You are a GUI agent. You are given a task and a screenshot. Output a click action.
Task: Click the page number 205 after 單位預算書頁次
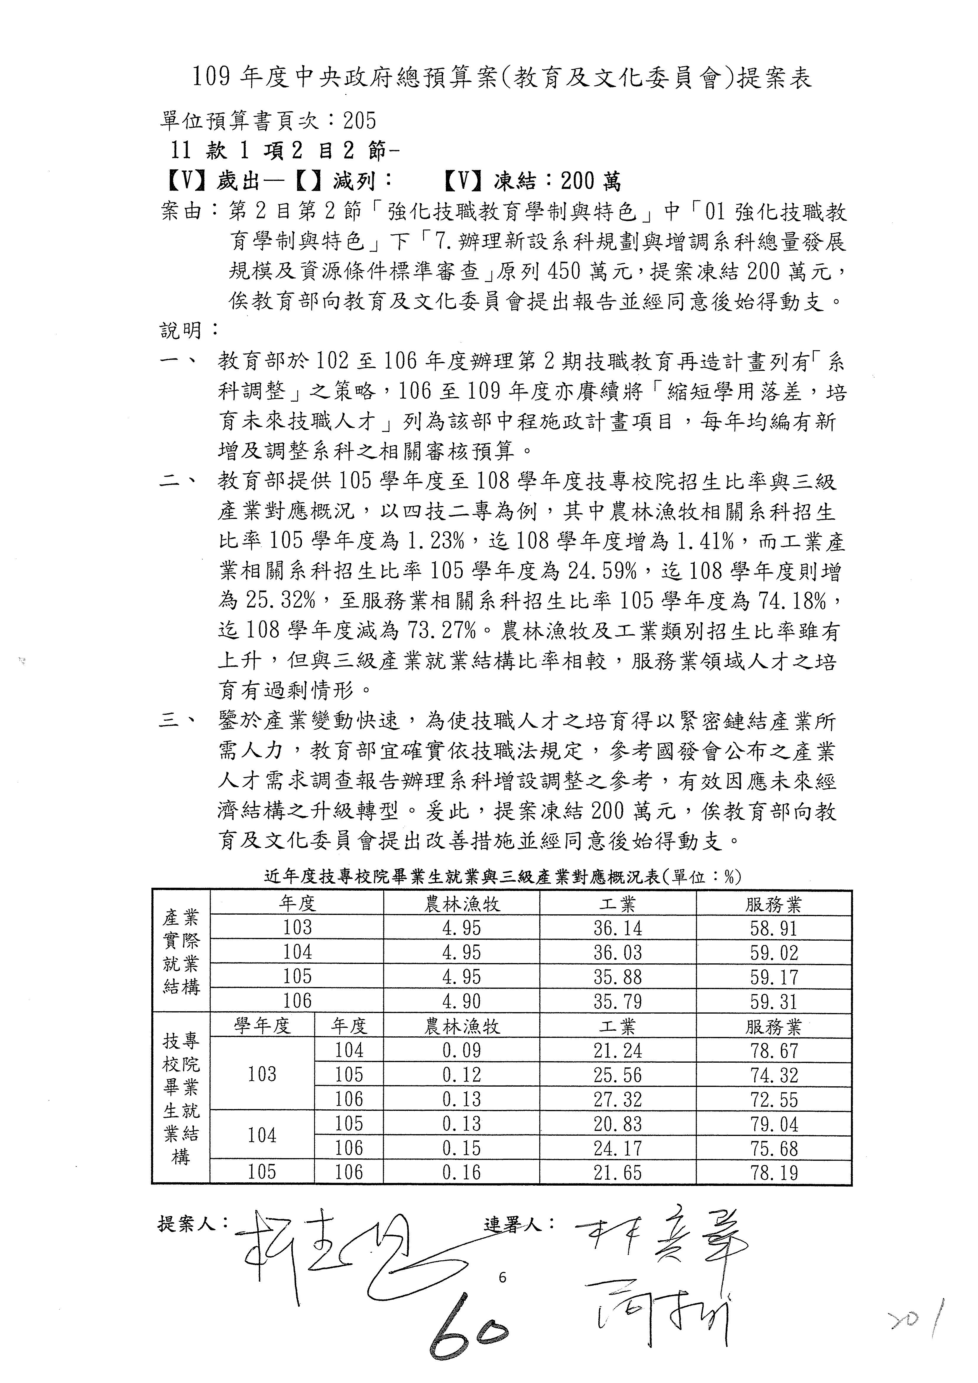click(x=360, y=121)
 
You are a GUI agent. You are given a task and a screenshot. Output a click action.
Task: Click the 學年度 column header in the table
click(x=262, y=1026)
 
